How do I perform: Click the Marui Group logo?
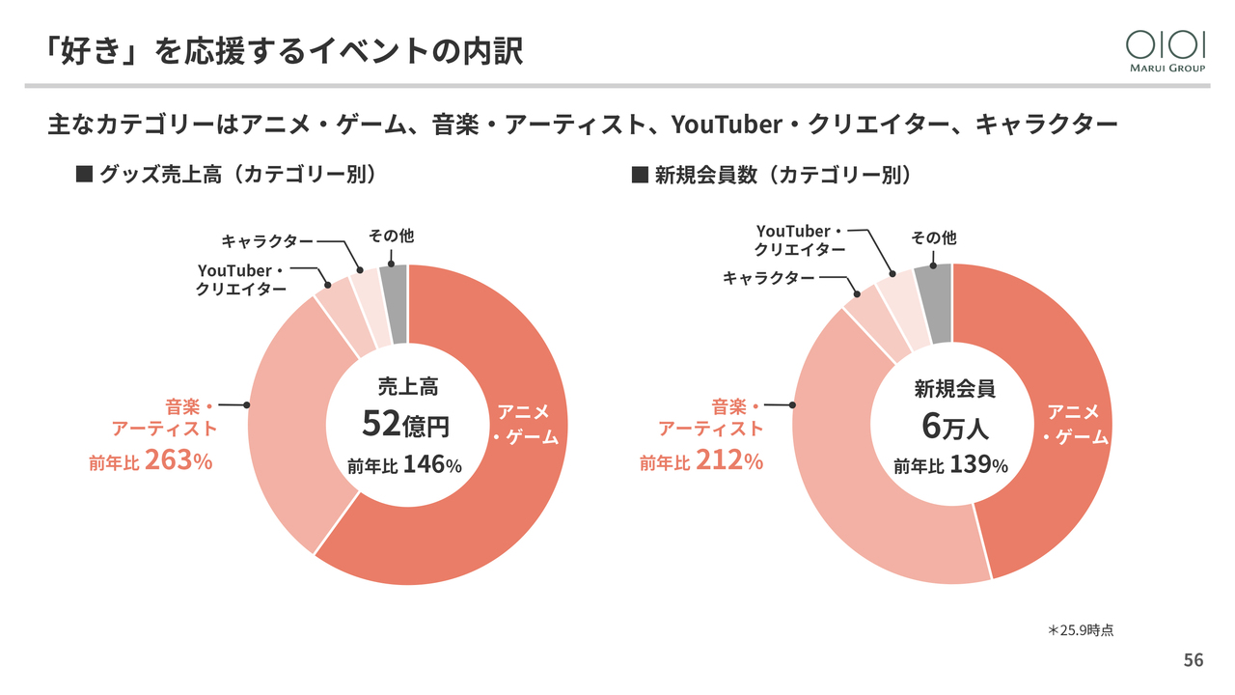coord(1166,49)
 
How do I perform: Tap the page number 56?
coord(1194,660)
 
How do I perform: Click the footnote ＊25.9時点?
coord(1081,629)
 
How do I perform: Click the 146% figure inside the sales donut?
coord(431,465)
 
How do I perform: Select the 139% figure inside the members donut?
coord(978,465)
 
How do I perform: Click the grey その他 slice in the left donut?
coord(394,304)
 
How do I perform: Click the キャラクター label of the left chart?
coord(267,240)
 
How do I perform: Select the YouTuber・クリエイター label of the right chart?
coord(800,240)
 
